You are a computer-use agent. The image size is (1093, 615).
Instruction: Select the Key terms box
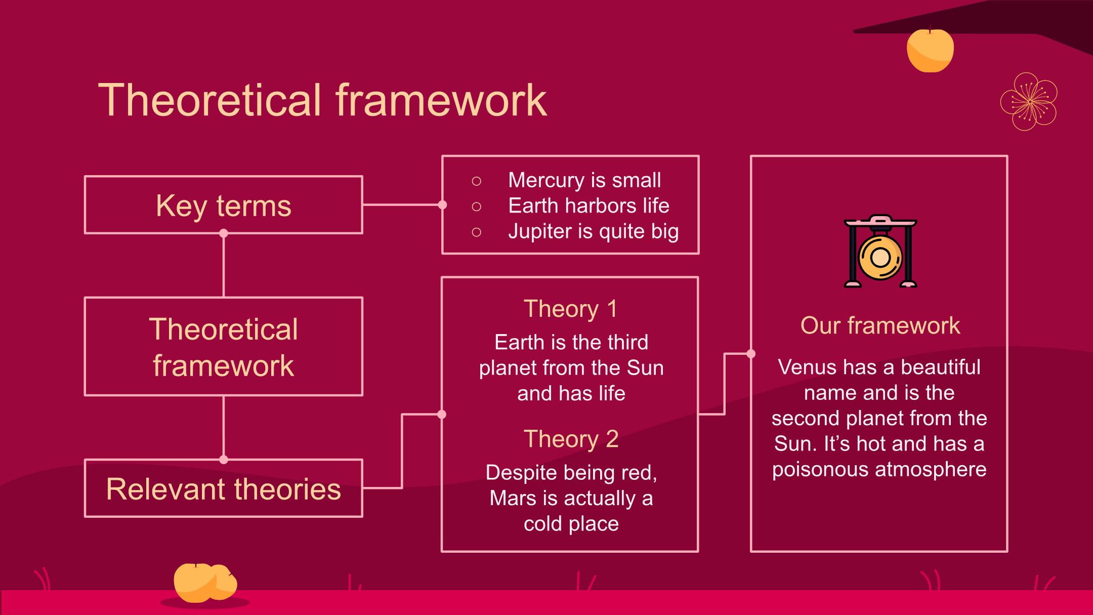pyautogui.click(x=223, y=204)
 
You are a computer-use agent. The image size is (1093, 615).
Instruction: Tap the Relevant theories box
pyautogui.click(x=223, y=488)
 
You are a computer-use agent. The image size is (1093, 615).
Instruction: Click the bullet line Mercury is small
pyautogui.click(x=584, y=180)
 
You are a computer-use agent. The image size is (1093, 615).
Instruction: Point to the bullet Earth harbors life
pyautogui.click(x=588, y=206)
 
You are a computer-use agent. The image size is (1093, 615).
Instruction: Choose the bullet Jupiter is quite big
pyautogui.click(x=593, y=232)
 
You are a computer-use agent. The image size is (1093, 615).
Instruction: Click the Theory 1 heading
pyautogui.click(x=570, y=309)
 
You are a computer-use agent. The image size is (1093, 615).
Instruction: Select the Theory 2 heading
pyautogui.click(x=571, y=439)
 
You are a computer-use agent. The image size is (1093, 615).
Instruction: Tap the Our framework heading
pyautogui.click(x=880, y=325)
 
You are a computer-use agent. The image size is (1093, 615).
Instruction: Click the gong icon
pyautogui.click(x=880, y=251)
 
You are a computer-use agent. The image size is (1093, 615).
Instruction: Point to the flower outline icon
pyautogui.click(x=1029, y=102)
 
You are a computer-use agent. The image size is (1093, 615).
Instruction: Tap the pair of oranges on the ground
pyautogui.click(x=205, y=583)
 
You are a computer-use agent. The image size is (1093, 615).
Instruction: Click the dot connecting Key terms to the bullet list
pyautogui.click(x=442, y=204)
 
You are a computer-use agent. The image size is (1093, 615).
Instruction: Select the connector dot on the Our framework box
pyautogui.click(x=751, y=354)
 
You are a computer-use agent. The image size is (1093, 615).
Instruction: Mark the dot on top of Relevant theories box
pyautogui.click(x=224, y=460)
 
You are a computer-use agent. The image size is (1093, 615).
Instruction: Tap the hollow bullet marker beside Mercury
pyautogui.click(x=476, y=181)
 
